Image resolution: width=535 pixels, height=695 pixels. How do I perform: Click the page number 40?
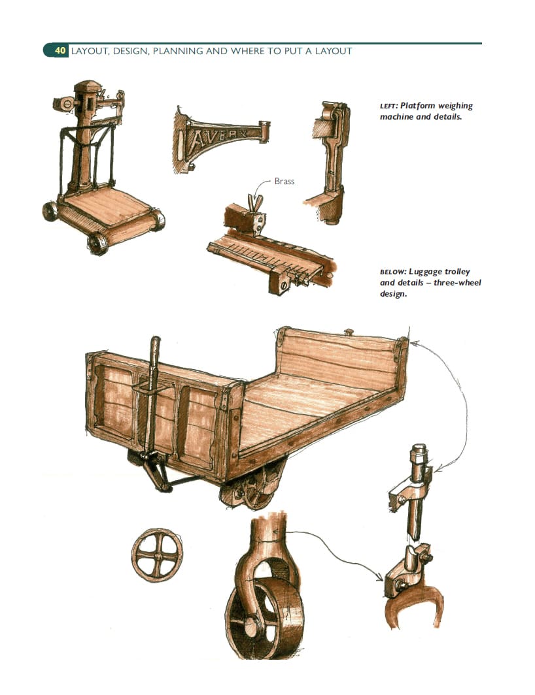coord(60,51)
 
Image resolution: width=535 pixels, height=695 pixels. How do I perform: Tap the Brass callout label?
coord(284,182)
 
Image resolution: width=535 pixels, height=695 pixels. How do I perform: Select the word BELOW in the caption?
coord(392,272)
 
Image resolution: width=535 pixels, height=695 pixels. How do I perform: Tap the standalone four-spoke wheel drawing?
coord(157,555)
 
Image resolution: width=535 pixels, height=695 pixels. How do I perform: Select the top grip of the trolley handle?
coord(155,346)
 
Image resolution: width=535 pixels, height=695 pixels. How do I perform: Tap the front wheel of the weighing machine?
coord(97,244)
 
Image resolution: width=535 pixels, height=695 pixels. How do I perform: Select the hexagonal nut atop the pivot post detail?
coord(419,451)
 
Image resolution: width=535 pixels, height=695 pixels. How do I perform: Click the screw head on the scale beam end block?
coord(283,286)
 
